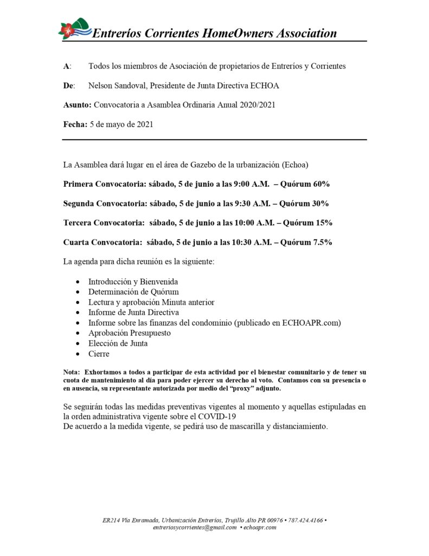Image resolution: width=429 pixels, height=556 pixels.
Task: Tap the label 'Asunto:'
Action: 78,105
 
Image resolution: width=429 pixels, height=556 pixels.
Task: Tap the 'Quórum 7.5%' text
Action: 312,242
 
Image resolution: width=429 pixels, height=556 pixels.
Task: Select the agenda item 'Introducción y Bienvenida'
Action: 133,282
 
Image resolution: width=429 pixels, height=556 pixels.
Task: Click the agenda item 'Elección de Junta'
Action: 118,343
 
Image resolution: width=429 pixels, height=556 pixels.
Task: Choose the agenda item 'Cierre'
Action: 99,353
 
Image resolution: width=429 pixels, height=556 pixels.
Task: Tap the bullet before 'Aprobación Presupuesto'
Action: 79,333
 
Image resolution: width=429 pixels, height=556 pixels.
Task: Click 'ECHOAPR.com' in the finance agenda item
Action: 311,323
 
